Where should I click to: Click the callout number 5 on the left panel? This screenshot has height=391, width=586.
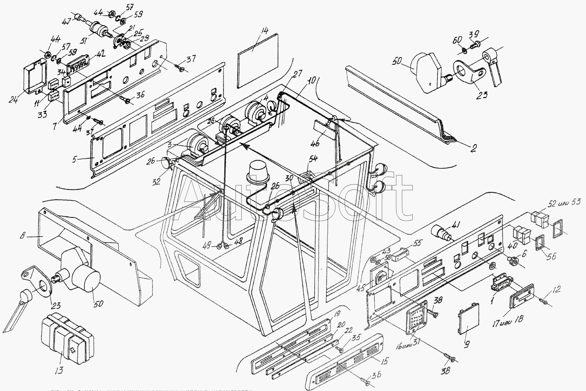point(75,159)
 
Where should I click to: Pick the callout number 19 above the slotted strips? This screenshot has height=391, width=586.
point(336,313)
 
